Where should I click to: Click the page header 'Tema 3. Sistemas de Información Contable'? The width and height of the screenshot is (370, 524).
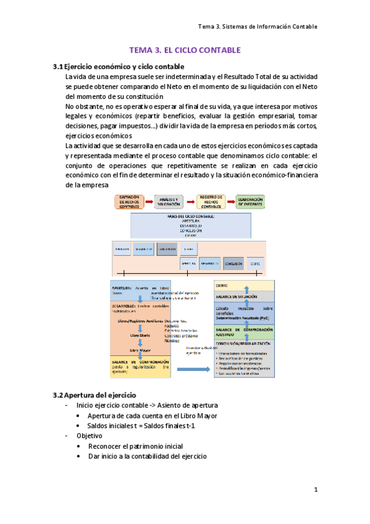[x=258, y=27]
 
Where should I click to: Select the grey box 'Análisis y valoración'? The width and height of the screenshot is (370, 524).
[x=168, y=202]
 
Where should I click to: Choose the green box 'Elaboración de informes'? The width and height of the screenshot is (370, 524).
[x=250, y=202]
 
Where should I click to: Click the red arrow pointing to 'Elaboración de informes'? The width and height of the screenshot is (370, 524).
[x=229, y=202]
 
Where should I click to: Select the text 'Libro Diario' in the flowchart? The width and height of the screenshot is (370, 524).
[x=140, y=335]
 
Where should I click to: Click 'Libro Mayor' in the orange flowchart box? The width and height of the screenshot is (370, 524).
[x=140, y=350]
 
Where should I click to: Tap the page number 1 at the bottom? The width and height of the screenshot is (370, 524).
[x=315, y=490]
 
